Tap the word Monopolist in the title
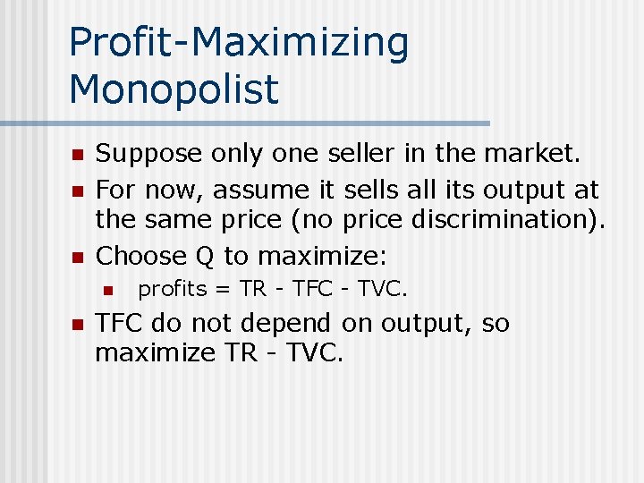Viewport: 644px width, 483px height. pyautogui.click(x=174, y=89)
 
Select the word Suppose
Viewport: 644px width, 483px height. pyautogui.click(x=148, y=155)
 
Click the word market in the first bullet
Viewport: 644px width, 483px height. pyautogui.click(x=529, y=154)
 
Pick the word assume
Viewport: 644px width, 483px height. pyautogui.click(x=267, y=190)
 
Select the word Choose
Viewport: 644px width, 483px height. pyautogui.click(x=139, y=256)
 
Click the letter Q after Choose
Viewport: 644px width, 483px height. pyautogui.click(x=204, y=257)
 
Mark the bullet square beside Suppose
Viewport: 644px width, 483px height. pyautogui.click(x=78, y=156)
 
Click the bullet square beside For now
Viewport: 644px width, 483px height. pyautogui.click(x=78, y=191)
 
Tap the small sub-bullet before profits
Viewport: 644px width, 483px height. pyautogui.click(x=107, y=290)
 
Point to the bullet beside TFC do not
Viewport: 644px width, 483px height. pyautogui.click(x=78, y=324)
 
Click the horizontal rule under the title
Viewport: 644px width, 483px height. pyautogui.click(x=245, y=123)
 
